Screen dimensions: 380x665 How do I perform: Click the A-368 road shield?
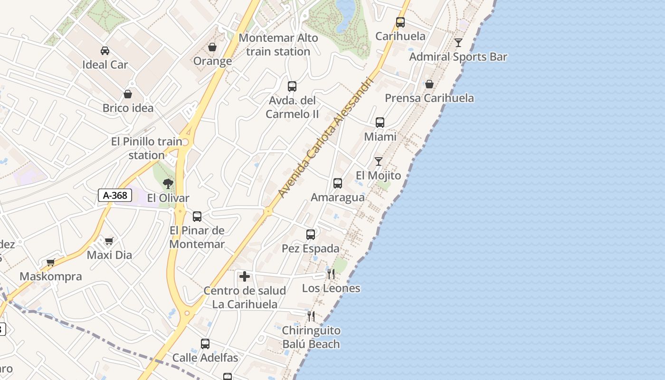tap(115, 195)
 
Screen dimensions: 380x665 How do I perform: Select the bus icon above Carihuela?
tap(400, 22)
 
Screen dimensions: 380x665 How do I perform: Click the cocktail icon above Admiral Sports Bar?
tap(458, 43)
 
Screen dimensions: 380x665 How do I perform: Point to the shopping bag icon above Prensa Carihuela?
tap(429, 84)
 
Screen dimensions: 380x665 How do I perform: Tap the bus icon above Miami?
tap(380, 123)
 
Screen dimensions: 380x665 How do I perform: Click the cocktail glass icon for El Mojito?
tap(379, 161)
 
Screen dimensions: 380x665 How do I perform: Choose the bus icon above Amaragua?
tap(338, 183)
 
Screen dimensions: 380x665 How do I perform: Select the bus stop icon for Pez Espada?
tap(311, 235)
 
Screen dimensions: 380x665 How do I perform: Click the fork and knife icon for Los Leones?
tap(331, 274)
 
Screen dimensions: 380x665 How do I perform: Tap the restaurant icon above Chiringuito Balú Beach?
tap(311, 316)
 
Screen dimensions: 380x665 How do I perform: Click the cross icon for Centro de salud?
tap(245, 276)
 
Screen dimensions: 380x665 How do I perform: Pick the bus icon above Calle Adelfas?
tap(205, 344)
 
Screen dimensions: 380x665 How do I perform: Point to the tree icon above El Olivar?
tap(168, 184)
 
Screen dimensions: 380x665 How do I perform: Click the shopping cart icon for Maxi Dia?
tap(109, 241)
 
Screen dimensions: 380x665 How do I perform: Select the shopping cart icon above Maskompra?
tap(51, 262)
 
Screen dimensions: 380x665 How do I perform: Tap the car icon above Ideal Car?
tap(105, 51)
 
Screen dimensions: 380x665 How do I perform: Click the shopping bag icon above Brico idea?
tap(128, 94)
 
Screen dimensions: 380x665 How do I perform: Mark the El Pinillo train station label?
tap(147, 148)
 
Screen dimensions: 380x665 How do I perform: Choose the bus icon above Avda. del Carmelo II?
tap(292, 86)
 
